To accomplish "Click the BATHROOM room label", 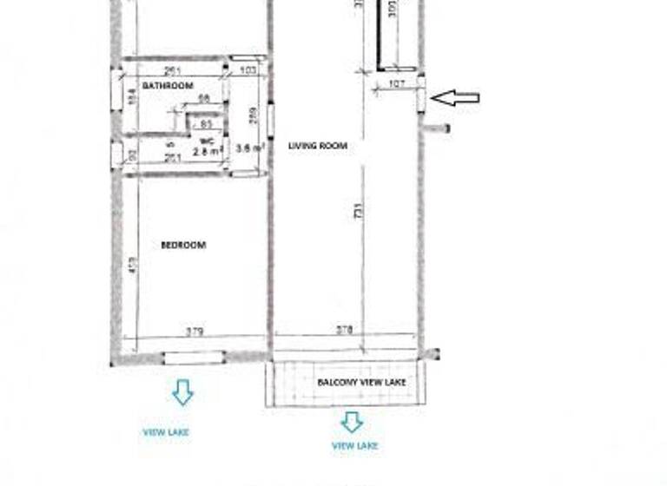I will click(168, 86).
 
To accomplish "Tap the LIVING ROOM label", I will click(318, 146).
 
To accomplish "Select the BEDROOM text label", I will click(183, 246).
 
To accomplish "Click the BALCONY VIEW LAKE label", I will click(361, 382).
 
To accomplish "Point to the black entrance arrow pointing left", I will click(455, 98).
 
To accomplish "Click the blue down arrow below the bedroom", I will click(182, 392).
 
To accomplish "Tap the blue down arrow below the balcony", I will click(352, 422).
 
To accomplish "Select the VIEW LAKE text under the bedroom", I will click(166, 431).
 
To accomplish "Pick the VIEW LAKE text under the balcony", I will click(354, 445).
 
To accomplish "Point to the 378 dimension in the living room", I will click(344, 331).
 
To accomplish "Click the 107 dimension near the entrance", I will click(396, 84).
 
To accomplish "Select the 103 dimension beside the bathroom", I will click(248, 69).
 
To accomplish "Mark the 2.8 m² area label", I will click(206, 150).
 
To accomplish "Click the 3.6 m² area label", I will click(249, 148).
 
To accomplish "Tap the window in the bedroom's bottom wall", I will click(194, 357).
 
